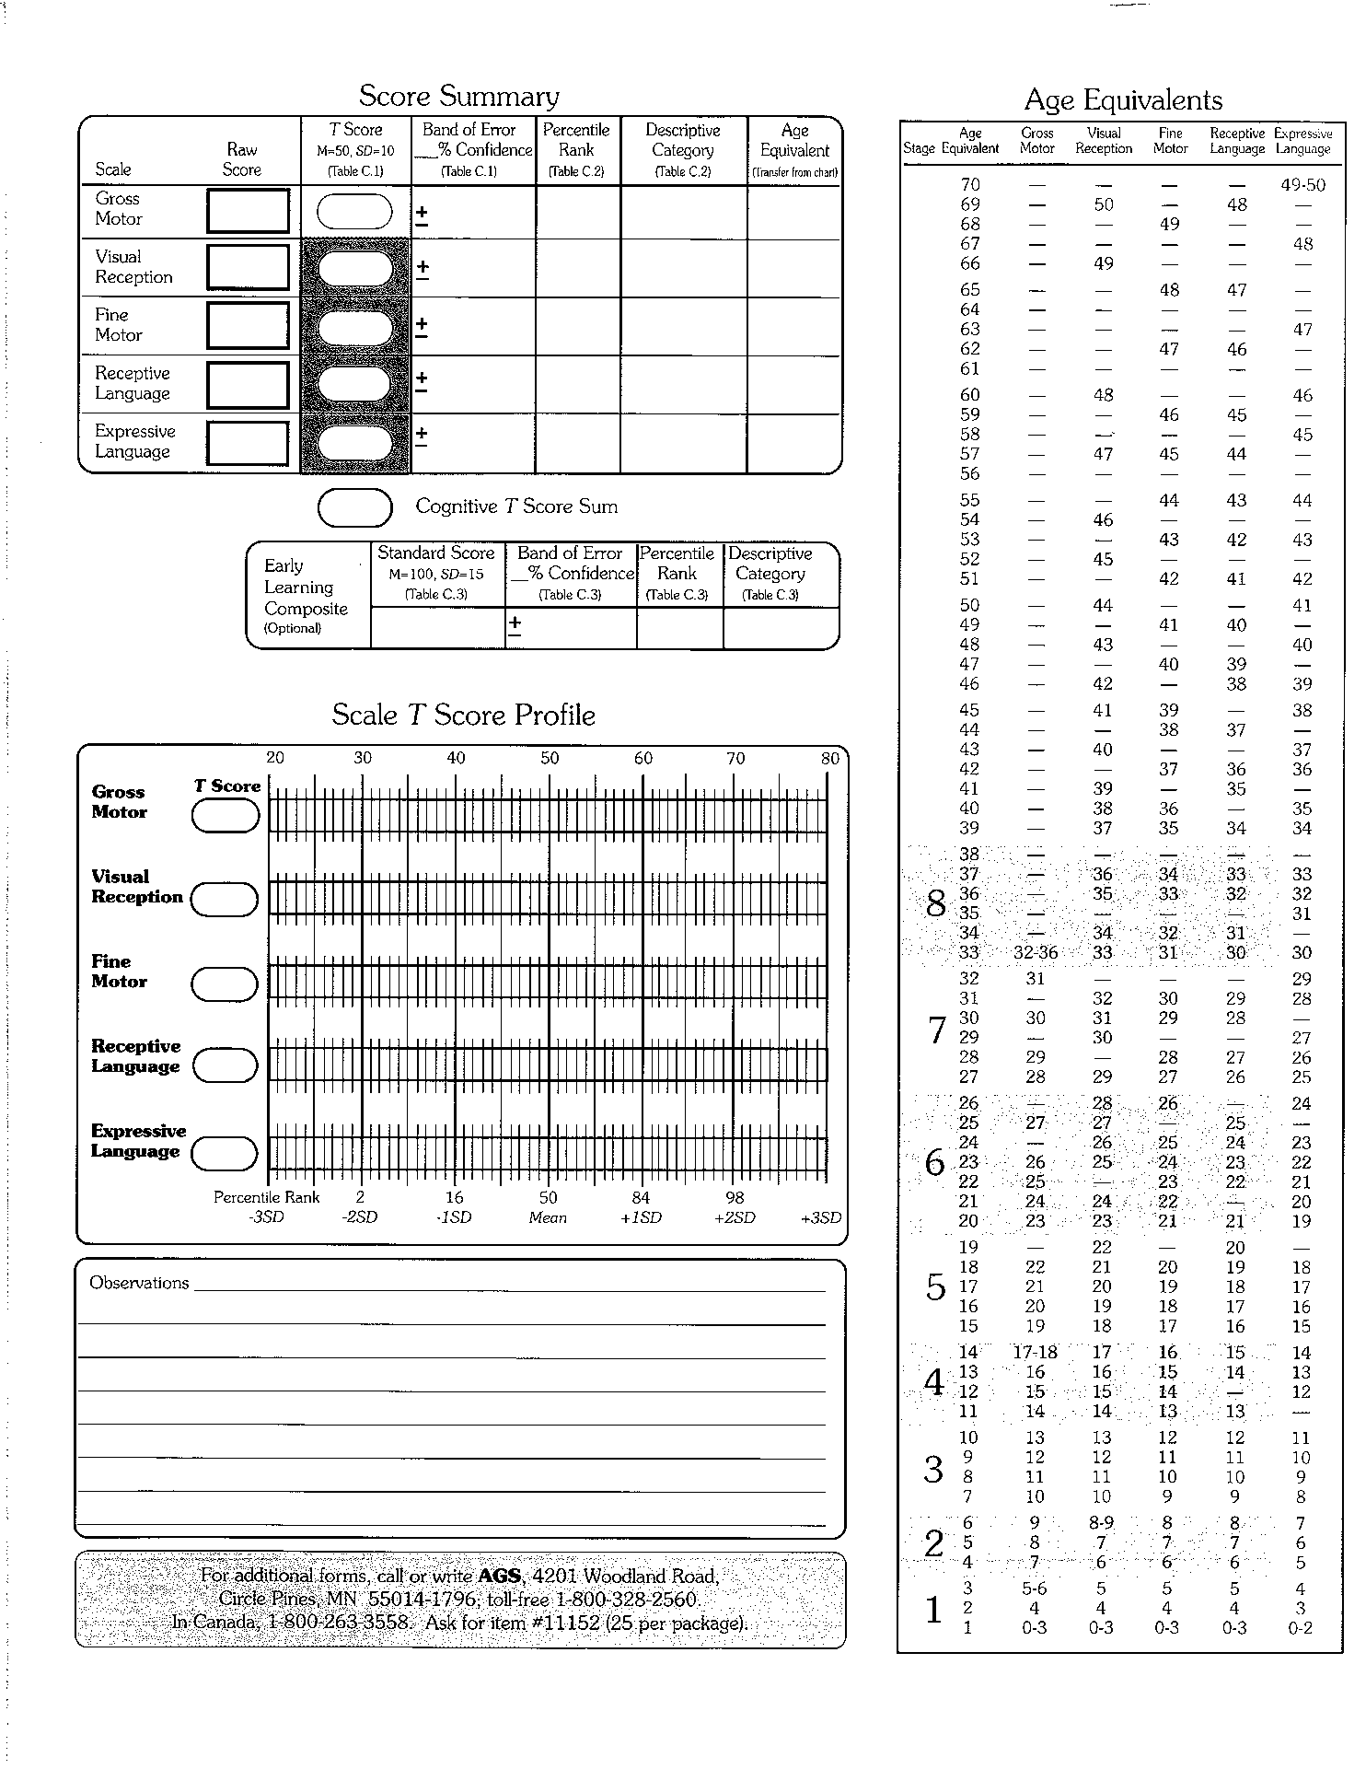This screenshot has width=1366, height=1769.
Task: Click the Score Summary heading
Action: (x=458, y=97)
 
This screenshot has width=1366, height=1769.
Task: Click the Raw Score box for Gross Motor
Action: (x=249, y=211)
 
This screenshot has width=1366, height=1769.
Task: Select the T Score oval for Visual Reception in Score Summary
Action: (x=354, y=268)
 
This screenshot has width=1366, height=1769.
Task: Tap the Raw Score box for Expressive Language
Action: (x=249, y=443)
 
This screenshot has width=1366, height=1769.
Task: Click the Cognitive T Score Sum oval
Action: (x=354, y=506)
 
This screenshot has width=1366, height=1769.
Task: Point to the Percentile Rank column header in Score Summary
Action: (x=576, y=149)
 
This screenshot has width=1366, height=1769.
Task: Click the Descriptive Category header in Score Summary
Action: (x=683, y=149)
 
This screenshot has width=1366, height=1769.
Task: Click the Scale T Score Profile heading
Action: (x=463, y=716)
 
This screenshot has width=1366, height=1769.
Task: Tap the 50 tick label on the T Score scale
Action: (x=550, y=759)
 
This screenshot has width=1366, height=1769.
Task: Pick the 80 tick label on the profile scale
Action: (x=830, y=759)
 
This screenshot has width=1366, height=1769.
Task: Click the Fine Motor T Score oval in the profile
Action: (x=225, y=984)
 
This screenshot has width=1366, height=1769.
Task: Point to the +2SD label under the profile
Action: (x=735, y=1217)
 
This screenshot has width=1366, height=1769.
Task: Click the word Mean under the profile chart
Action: (x=548, y=1217)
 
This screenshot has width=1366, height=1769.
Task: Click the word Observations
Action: (x=139, y=1283)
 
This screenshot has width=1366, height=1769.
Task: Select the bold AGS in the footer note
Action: (x=499, y=1576)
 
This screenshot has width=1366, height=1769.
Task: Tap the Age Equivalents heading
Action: (x=1123, y=100)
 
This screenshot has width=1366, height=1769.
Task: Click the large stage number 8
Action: (x=935, y=904)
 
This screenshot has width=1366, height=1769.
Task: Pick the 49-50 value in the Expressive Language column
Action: (x=1302, y=185)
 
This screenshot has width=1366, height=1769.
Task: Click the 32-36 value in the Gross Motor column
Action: (x=1036, y=953)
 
